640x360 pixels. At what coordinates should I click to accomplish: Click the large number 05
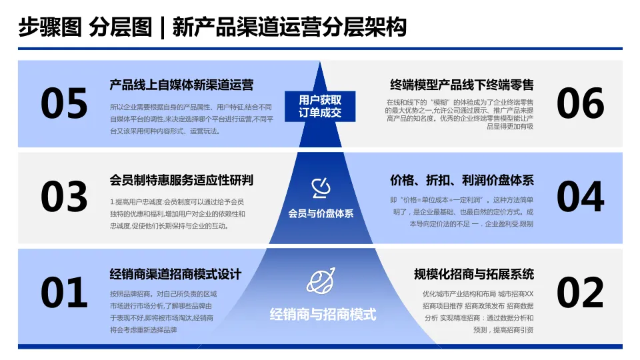(64, 104)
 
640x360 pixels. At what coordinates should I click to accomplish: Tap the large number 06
(580, 104)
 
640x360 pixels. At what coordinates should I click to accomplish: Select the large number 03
(64, 197)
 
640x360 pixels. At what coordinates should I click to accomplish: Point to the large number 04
(580, 197)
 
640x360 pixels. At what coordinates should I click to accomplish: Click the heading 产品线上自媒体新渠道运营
(181, 85)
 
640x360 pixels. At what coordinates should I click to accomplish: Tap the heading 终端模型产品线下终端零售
(461, 85)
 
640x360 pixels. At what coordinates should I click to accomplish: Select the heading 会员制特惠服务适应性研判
(181, 180)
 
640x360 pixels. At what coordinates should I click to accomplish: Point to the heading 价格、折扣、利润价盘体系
(461, 180)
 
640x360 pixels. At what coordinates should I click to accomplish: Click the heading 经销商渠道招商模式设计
(175, 274)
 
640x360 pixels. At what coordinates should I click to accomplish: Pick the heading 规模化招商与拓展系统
(473, 274)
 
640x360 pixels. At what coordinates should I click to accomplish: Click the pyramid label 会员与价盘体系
(321, 214)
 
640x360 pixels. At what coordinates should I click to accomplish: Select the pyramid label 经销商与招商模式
(323, 314)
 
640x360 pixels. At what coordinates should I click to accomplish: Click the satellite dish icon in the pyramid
(321, 189)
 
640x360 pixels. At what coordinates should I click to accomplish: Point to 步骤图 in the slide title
(50, 28)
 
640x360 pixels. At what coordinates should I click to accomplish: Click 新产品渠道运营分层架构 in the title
(289, 28)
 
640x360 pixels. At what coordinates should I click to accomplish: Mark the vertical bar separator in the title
(161, 28)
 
